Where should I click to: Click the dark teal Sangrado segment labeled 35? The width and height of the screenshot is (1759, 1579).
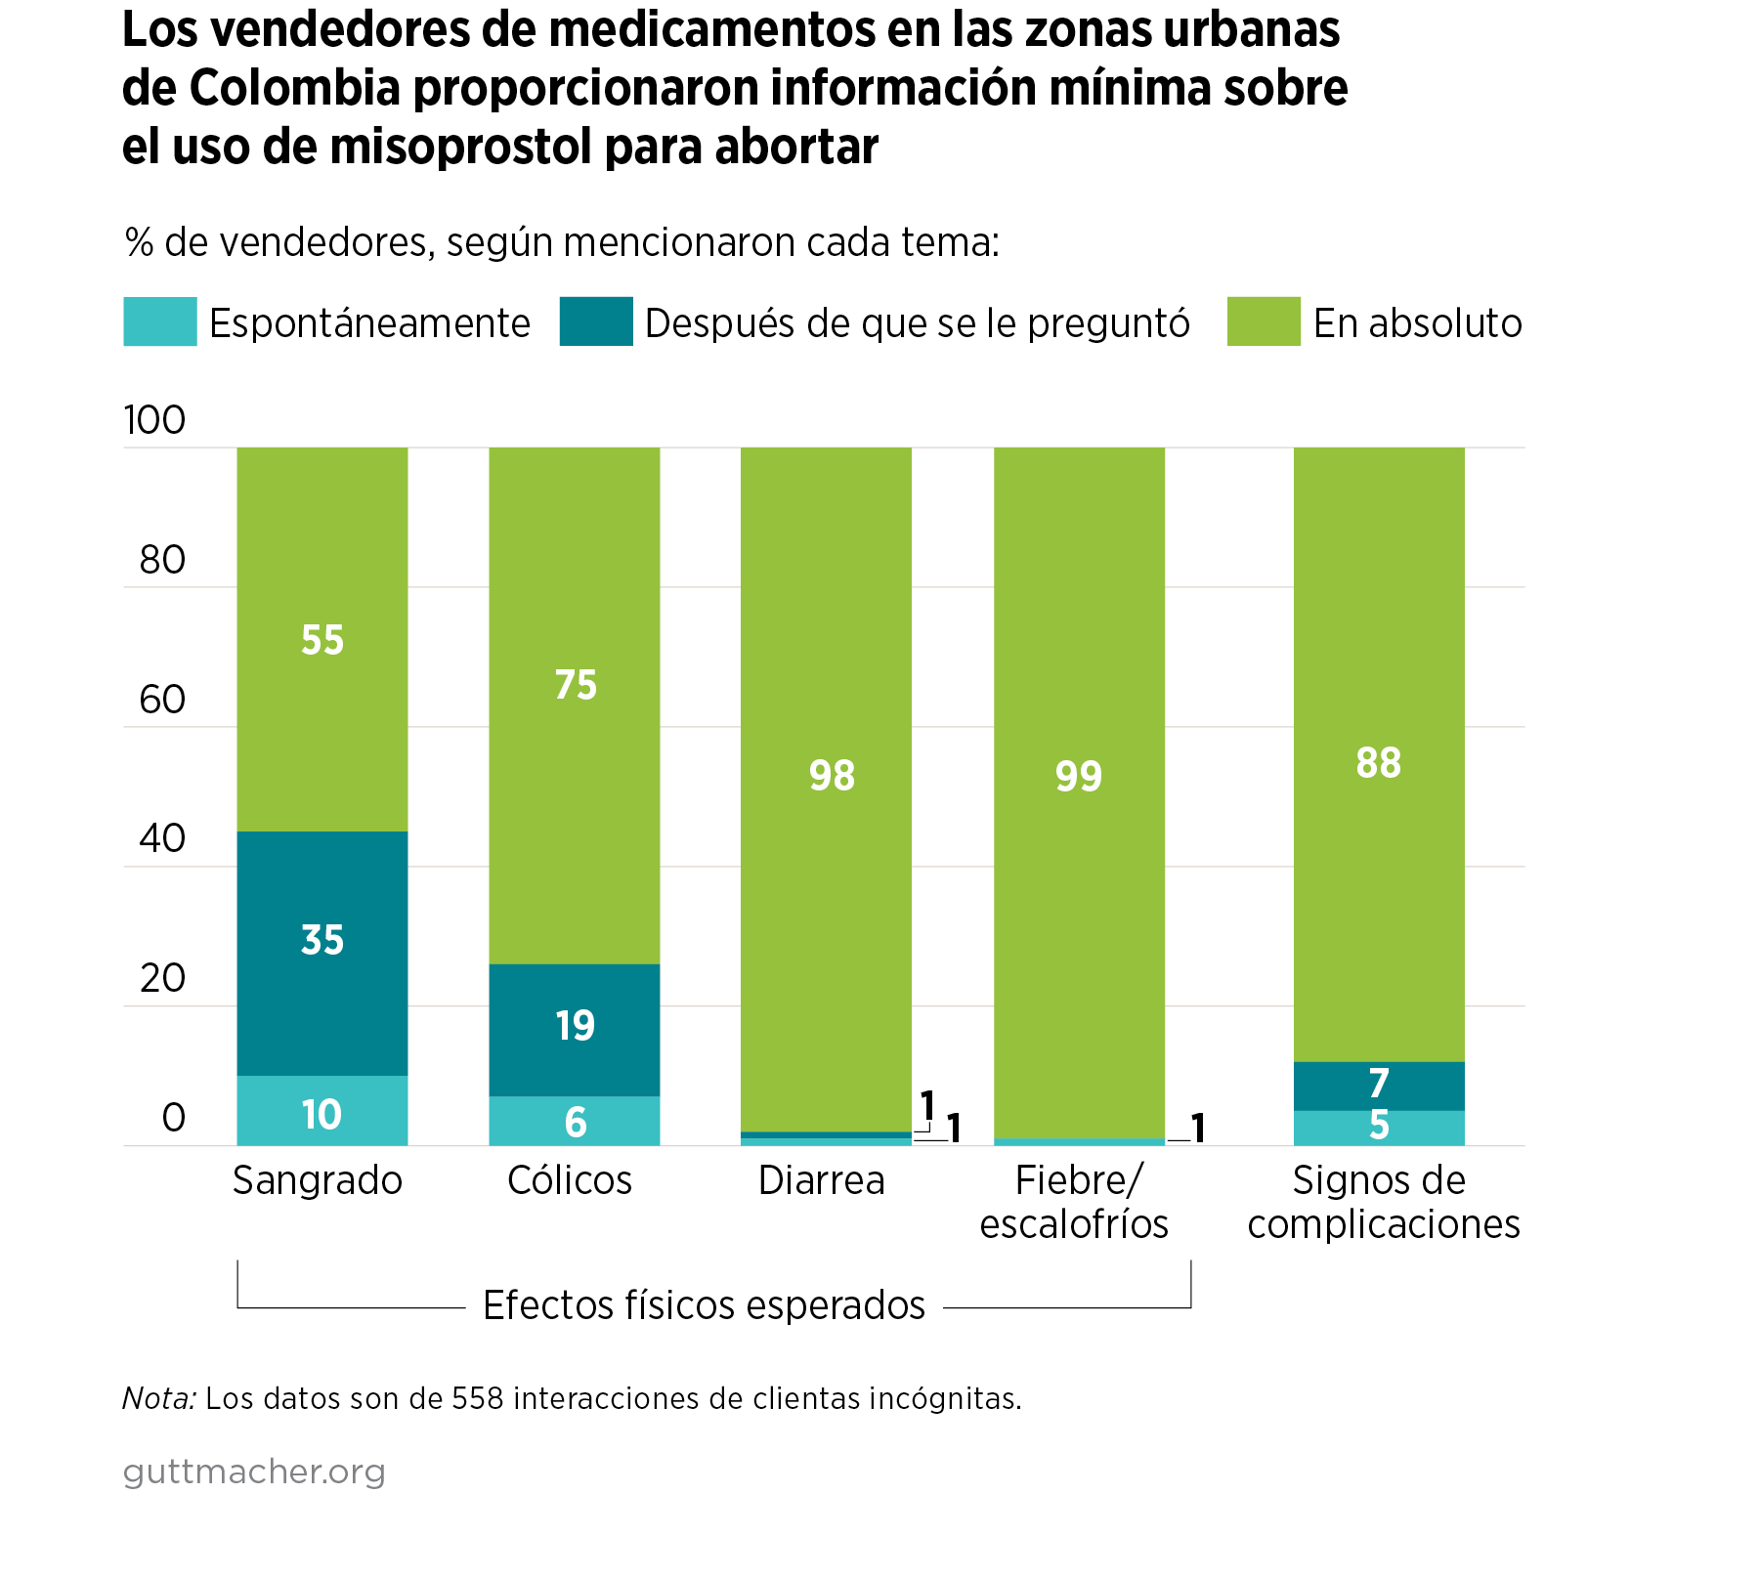tap(322, 953)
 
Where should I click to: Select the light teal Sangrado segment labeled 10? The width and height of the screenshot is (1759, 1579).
tap(322, 1111)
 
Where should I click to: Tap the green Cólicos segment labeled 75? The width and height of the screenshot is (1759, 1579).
tap(575, 704)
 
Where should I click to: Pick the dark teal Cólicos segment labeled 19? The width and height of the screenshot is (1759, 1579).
tap(575, 1029)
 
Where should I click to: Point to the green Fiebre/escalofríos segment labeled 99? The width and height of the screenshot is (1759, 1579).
tap(1079, 782)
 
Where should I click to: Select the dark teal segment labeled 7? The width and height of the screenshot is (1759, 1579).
tap(1379, 1085)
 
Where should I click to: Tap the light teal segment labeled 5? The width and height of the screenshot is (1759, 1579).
tap(1379, 1128)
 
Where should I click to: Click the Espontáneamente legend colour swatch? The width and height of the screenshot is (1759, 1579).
tap(159, 321)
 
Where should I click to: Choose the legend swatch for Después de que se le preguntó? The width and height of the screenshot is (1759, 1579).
tap(596, 321)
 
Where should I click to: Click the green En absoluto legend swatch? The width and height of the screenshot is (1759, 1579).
tap(1264, 321)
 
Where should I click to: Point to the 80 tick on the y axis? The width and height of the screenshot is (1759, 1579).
tap(162, 560)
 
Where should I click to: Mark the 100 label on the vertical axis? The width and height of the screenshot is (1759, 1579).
tap(154, 420)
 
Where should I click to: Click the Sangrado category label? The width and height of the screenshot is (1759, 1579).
tap(318, 1180)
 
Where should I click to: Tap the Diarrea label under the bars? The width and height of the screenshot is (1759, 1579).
tap(822, 1180)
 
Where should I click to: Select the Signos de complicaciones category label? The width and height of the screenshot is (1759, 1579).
tap(1383, 1202)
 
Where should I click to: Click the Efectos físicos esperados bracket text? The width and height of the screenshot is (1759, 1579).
tap(704, 1305)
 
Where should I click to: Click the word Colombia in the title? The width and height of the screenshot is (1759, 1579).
tap(294, 88)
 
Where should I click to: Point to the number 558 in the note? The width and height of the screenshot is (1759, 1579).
tap(477, 1399)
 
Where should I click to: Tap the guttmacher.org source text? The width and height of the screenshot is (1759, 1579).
tap(254, 1472)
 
